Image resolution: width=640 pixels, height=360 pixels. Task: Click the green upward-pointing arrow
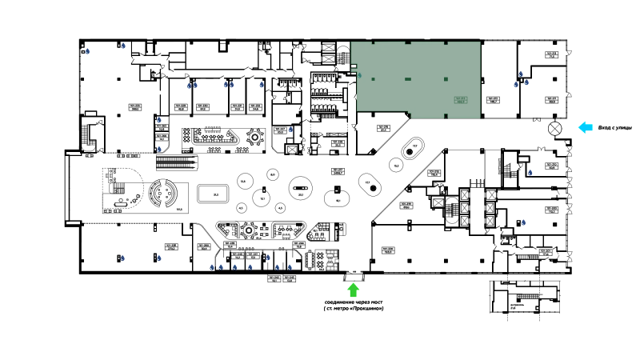[353, 290]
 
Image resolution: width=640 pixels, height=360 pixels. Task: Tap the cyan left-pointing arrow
[586, 126]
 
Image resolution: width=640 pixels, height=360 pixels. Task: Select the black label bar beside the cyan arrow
[615, 127]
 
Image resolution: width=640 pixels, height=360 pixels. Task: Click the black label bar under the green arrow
[352, 307]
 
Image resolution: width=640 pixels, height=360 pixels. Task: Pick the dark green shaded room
[418, 78]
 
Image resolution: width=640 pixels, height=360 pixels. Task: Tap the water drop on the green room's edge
[359, 75]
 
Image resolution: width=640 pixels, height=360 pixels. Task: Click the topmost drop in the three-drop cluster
[522, 74]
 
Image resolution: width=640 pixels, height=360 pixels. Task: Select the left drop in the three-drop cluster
[516, 84]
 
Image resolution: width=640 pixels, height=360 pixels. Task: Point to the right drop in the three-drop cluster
[527, 84]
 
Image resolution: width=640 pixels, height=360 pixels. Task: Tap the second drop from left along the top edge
[124, 46]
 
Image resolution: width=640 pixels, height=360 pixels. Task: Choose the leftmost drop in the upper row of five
[189, 86]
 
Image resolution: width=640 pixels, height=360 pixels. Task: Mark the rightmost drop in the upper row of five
[262, 84]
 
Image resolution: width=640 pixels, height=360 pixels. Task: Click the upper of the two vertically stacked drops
[159, 120]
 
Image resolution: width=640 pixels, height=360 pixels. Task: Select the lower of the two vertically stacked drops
[159, 148]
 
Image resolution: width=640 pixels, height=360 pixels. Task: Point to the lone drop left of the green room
[290, 130]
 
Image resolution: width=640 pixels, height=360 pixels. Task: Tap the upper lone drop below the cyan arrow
[530, 171]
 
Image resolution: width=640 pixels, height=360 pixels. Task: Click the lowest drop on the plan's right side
[524, 222]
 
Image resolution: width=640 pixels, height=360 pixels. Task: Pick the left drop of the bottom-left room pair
[123, 257]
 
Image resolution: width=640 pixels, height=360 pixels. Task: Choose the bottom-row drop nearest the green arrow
[290, 266]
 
